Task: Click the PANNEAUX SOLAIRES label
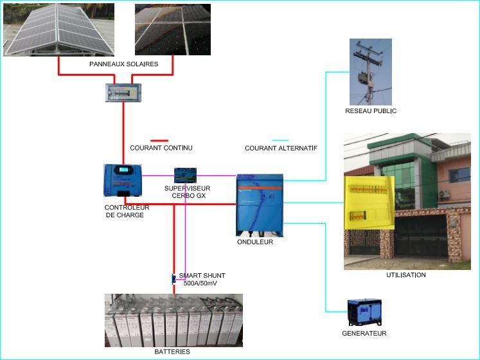[123, 64]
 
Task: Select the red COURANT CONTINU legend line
[159, 140]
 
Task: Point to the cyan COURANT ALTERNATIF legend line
[280, 140]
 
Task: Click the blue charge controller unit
[123, 181]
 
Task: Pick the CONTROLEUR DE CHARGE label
[127, 211]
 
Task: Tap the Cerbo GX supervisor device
[186, 175]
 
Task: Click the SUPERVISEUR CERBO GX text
[187, 192]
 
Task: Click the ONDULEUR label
[255, 242]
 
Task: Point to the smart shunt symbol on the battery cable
[173, 279]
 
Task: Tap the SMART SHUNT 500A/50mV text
[202, 279]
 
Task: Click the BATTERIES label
[172, 352]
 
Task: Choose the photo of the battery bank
[173, 320]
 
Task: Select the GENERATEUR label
[364, 334]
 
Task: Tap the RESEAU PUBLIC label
[371, 111]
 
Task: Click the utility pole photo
[370, 71]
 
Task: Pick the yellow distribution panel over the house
[369, 203]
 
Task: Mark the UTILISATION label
[405, 275]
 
